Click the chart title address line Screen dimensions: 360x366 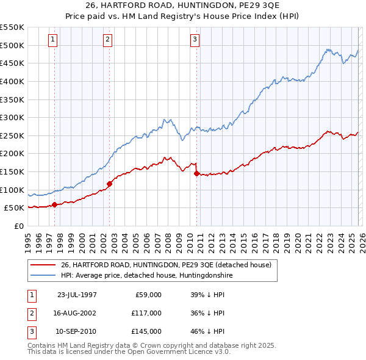182,6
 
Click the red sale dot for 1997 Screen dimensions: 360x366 55,204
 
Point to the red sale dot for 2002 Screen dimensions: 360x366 110,183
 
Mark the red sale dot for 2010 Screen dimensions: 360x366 196,173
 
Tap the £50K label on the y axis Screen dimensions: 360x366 13,208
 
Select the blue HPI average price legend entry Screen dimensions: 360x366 146,276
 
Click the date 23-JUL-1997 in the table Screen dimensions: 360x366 76,295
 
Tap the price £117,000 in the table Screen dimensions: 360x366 146,313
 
